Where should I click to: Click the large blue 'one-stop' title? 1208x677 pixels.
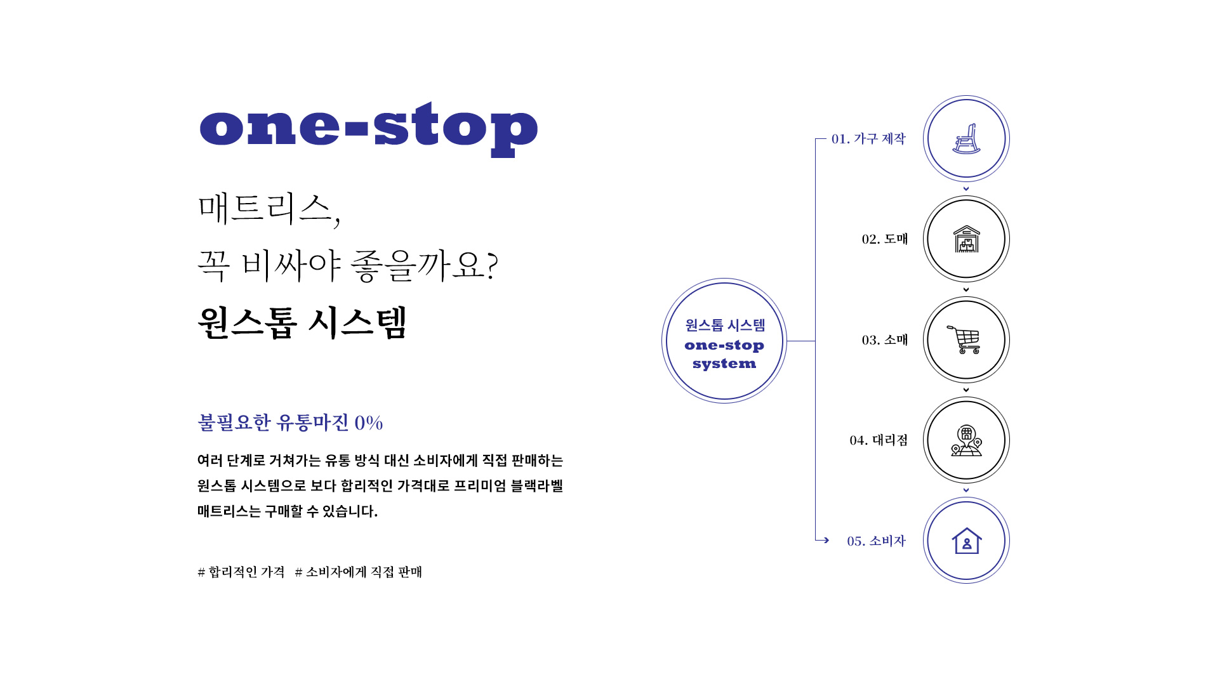pos(368,129)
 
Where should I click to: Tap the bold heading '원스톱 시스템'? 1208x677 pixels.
pos(302,323)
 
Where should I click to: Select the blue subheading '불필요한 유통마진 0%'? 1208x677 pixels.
pos(290,422)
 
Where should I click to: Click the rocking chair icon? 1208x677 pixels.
pos(966,139)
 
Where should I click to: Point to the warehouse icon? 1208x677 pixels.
pos(966,239)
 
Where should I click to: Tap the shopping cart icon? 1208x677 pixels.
pos(964,339)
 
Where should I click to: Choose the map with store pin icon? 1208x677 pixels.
pos(966,440)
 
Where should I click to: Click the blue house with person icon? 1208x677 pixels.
pos(966,541)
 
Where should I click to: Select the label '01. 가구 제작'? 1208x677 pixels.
pos(868,138)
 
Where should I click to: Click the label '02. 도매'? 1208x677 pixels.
pos(885,239)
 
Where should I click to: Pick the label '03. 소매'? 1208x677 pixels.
pos(885,339)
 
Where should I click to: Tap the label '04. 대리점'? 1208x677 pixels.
pos(879,440)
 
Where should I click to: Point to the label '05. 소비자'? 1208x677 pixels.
pos(876,541)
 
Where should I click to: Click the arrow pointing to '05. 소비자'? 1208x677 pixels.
pos(823,540)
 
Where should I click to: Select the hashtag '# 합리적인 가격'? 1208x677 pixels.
pos(241,572)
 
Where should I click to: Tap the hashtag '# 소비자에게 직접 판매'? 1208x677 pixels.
pos(359,572)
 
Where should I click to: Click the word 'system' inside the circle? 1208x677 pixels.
pos(724,364)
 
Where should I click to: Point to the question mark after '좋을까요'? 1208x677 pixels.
pos(492,265)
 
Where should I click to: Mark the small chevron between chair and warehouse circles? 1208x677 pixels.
pos(966,188)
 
